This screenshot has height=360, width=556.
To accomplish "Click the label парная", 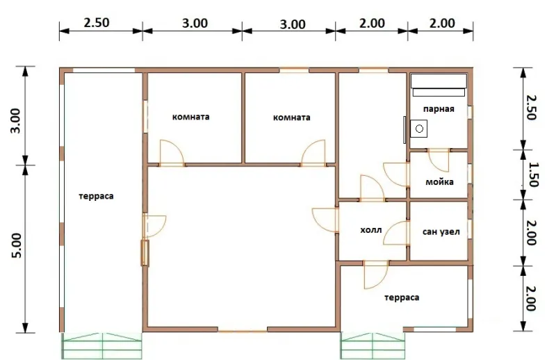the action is click(x=439, y=109).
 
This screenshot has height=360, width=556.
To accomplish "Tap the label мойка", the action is click(x=439, y=182).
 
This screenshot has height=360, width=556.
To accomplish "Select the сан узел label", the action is click(x=441, y=232).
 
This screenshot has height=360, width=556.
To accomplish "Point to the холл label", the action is click(x=371, y=230).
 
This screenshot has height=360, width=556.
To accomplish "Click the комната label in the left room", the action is click(x=190, y=117).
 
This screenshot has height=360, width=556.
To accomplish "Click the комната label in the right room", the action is click(x=291, y=117).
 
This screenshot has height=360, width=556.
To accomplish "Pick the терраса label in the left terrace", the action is click(x=96, y=196).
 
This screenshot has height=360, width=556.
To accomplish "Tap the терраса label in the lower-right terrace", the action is click(x=402, y=297).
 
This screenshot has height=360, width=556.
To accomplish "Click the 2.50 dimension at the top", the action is click(x=97, y=23).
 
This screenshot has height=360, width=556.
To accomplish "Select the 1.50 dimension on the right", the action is click(x=532, y=174).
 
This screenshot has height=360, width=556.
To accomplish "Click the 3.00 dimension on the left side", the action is click(x=17, y=121).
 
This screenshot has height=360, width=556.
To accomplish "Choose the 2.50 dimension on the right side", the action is click(x=531, y=108).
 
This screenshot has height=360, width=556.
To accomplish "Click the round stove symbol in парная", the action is click(x=419, y=129).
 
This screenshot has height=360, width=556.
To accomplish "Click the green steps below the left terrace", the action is click(x=102, y=346).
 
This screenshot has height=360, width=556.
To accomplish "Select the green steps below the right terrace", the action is click(x=373, y=346).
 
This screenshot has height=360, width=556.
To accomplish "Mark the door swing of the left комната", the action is click(x=172, y=153).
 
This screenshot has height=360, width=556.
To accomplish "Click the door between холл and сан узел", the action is click(x=396, y=233).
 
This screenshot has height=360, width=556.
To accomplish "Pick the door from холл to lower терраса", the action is click(x=376, y=275).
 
